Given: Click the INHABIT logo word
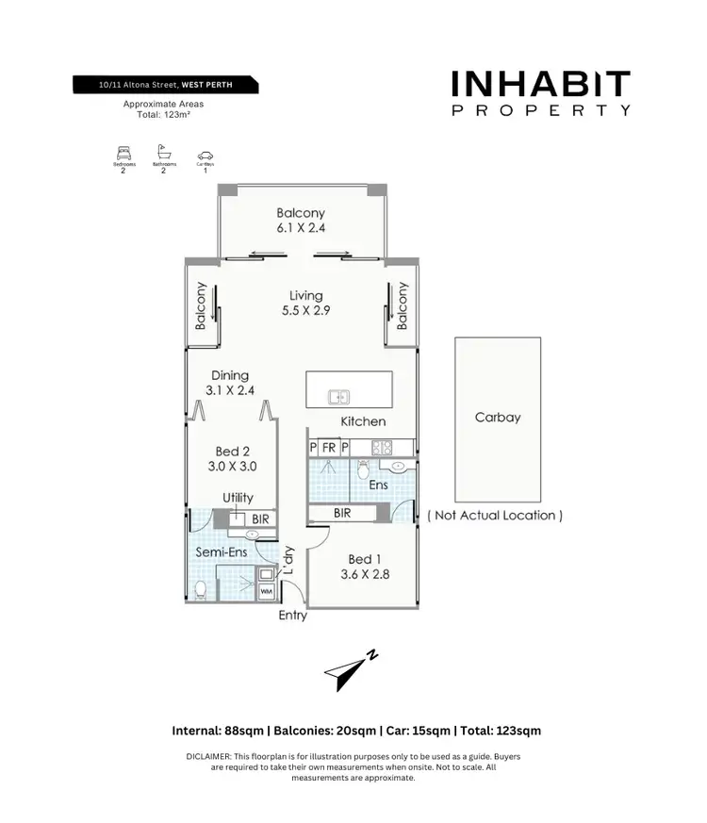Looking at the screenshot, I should (x=540, y=85).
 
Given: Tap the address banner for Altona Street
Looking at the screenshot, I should (x=166, y=85).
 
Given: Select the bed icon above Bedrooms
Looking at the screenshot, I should (x=123, y=152).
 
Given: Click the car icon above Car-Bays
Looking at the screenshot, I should (x=206, y=155).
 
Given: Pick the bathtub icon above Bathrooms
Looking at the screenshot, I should (x=164, y=151).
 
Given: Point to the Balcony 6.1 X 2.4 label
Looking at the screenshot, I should (x=301, y=221).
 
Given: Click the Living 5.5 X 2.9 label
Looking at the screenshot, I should (x=305, y=303).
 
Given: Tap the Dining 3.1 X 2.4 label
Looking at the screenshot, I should (x=230, y=382).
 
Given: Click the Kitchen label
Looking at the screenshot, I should (x=363, y=421).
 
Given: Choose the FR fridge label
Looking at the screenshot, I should (x=329, y=448).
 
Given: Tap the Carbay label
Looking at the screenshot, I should (x=498, y=417).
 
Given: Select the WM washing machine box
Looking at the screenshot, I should (x=267, y=591).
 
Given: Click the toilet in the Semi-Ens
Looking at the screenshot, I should (x=200, y=589).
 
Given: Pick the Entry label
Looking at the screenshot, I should (x=293, y=616).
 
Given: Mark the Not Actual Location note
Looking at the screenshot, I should (x=496, y=516).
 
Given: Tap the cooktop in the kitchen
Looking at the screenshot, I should (x=382, y=448).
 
